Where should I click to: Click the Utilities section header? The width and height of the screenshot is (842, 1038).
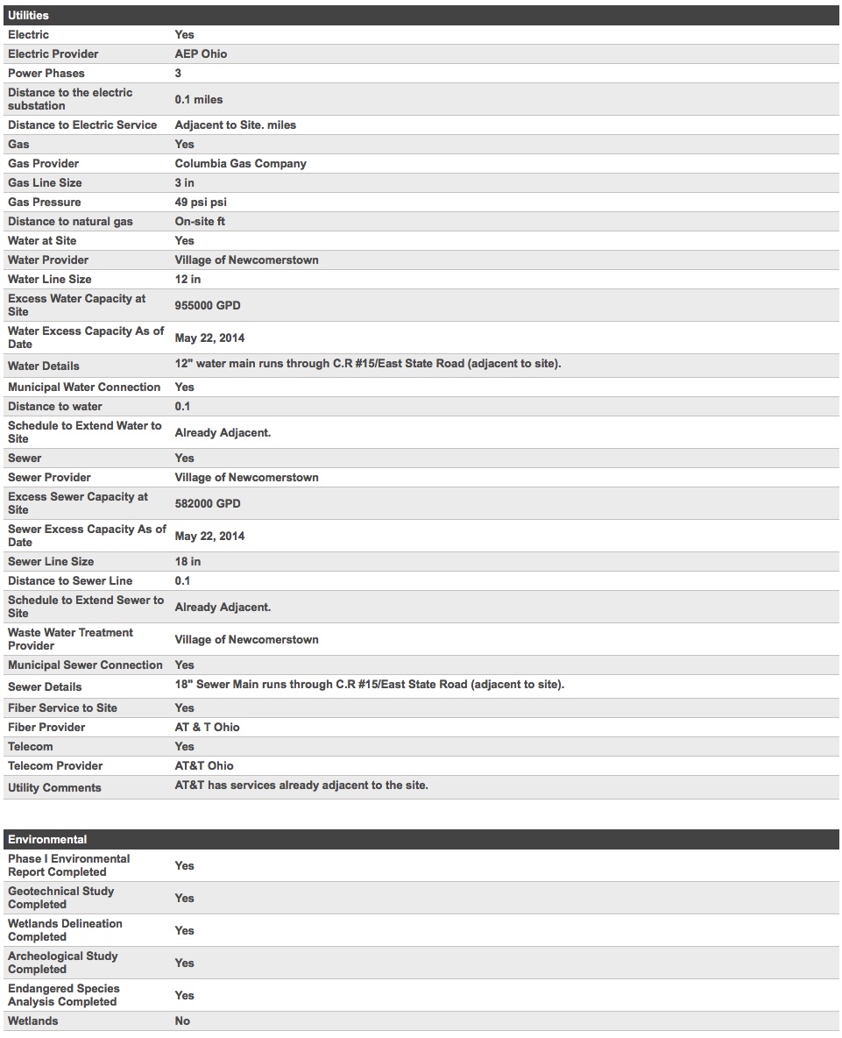29,16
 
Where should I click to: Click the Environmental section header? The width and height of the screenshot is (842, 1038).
47,839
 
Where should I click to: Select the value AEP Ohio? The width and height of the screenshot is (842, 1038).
201,53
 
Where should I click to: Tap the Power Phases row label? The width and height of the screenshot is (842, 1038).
46,73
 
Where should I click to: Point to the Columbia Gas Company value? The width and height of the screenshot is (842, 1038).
241,163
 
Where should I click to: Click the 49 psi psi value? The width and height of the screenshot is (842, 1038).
201,202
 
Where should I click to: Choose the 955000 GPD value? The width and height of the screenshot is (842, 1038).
208,305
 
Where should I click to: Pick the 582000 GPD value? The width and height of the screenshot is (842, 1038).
208,503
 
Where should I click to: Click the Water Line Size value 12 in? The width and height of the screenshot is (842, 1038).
188,279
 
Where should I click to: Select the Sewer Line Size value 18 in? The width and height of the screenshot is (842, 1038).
188,561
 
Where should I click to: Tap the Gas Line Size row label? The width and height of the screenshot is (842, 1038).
45,182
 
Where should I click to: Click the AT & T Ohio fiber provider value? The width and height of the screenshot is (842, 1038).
207,727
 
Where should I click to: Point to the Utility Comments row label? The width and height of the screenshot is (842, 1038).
54,787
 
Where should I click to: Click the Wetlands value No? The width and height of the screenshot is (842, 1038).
182,1020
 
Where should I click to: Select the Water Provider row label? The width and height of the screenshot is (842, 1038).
48,259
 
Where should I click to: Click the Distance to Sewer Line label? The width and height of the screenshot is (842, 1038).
70,580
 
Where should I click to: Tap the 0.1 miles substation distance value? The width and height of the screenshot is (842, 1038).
199,99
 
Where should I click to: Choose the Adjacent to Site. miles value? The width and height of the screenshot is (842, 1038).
236,124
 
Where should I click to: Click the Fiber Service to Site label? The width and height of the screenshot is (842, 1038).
62,707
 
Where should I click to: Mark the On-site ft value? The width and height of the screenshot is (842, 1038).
200,221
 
